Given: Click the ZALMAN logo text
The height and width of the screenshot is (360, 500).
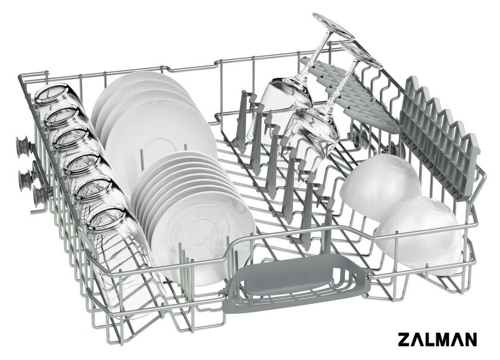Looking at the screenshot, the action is [x=437, y=339].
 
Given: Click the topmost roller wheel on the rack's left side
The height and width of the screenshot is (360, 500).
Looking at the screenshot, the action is [x=23, y=147].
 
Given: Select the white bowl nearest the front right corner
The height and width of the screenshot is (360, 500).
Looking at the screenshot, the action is [x=418, y=235].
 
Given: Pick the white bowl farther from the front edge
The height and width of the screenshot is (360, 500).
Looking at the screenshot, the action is [x=380, y=186].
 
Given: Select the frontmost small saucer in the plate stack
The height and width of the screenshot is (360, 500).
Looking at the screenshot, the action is [x=204, y=236].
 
